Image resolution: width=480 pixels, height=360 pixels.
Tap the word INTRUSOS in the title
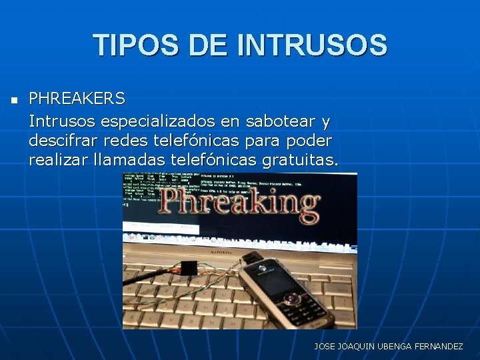point(311,45)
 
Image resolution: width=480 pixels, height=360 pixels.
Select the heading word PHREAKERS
point(77,99)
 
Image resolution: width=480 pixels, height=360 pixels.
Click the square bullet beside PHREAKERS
point(13,101)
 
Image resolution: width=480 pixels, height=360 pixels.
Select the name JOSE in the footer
point(325,347)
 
